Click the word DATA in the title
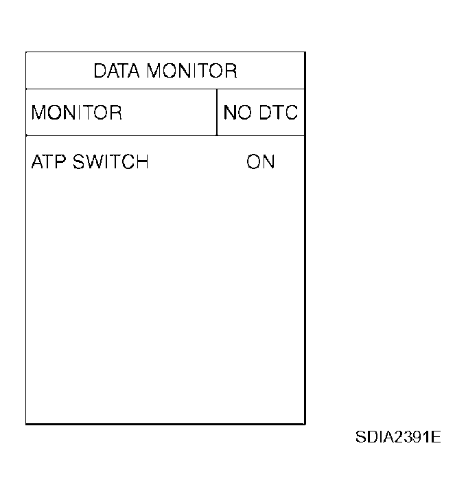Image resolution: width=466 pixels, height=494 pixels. pos(117,71)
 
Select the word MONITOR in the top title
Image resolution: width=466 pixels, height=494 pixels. pos(192,71)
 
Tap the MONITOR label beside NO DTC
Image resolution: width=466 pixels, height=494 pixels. pos(76,113)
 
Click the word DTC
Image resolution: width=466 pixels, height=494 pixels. pos(279,113)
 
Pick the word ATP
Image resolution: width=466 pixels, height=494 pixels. pos(49,162)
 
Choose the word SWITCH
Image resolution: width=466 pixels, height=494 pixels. pos(110,162)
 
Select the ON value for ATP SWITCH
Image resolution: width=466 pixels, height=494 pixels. pos(261,162)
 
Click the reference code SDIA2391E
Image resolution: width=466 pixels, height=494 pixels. pos(398,437)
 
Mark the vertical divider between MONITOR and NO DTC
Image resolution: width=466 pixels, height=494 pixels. pos(217,112)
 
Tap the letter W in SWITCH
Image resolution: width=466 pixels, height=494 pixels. pos(95,162)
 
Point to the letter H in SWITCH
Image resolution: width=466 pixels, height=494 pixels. pos(142,162)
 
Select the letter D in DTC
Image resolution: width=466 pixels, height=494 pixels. pos(266,113)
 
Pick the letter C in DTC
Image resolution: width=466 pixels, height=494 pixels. pos(291,113)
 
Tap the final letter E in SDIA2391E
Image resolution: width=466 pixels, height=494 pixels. pos(436,437)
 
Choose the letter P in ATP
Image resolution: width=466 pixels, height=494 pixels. pos(60,162)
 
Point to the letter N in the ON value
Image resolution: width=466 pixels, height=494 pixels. pos(269,162)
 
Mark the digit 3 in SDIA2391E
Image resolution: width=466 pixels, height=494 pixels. pos(407,437)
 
